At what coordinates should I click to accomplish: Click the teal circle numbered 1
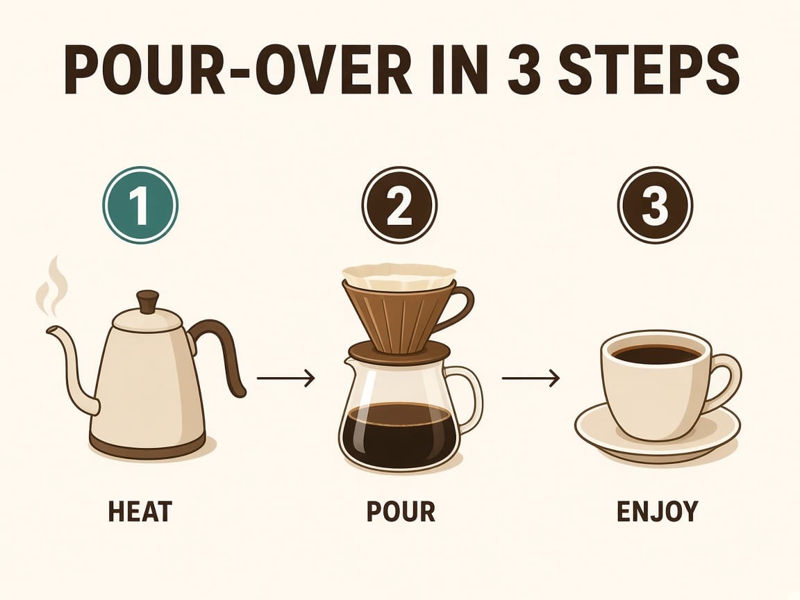(140, 205)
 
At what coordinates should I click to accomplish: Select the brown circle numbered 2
(399, 205)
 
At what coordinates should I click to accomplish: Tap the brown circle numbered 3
(655, 205)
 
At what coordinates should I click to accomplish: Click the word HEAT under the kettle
(140, 511)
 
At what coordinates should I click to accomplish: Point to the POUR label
(401, 511)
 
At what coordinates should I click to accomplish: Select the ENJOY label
(657, 511)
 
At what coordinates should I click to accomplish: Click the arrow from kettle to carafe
(285, 378)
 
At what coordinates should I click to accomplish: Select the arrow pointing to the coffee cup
(531, 378)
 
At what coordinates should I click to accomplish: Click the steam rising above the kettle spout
(51, 285)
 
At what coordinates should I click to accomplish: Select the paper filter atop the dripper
(399, 275)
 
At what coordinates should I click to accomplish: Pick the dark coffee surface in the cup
(656, 354)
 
